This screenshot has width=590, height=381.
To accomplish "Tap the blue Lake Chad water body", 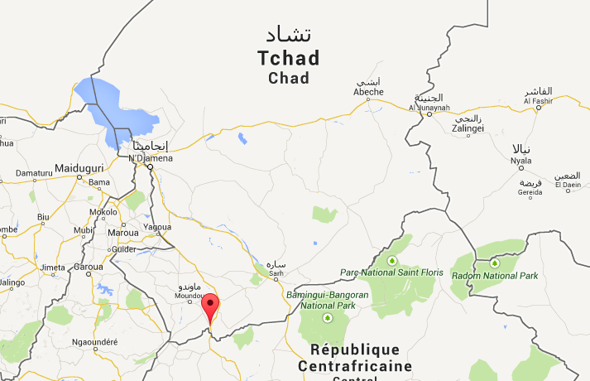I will pyautogui.click(x=116, y=108).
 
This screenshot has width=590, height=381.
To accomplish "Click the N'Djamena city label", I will pyautogui.click(x=151, y=157).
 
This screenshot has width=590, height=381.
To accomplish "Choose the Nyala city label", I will pyautogui.click(x=520, y=160).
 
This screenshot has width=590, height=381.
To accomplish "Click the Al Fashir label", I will pyautogui.click(x=538, y=101).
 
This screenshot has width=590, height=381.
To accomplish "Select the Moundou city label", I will pyautogui.click(x=189, y=296).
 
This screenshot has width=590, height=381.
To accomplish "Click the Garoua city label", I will pyautogui.click(x=88, y=268).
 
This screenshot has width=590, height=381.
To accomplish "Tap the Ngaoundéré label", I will pyautogui.click(x=95, y=342).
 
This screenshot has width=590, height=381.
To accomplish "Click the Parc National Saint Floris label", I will pyautogui.click(x=391, y=272).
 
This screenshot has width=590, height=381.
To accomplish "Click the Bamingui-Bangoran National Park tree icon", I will pyautogui.click(x=328, y=316).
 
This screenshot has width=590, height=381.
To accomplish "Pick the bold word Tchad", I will pyautogui.click(x=287, y=59).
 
